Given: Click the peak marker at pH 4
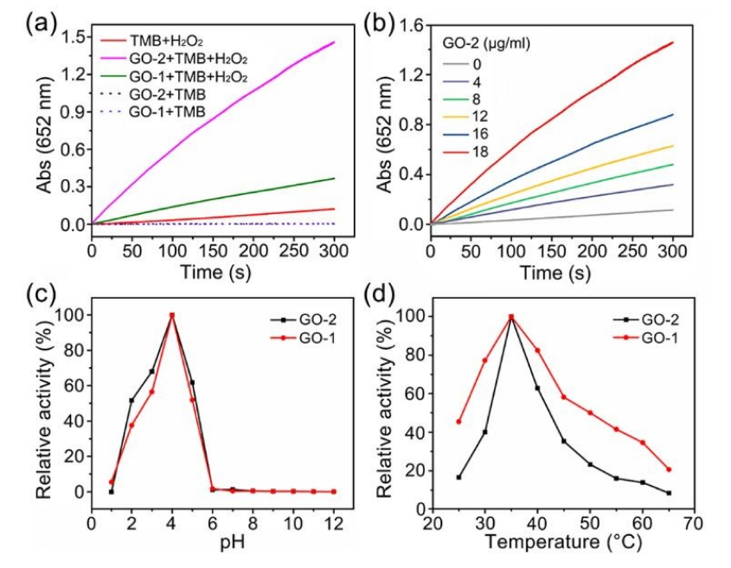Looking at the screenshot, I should coord(172,315).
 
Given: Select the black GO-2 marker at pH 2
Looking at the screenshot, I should coord(131,400).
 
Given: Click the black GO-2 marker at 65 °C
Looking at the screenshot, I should coord(669,494).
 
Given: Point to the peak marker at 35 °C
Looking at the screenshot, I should coord(511,316).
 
